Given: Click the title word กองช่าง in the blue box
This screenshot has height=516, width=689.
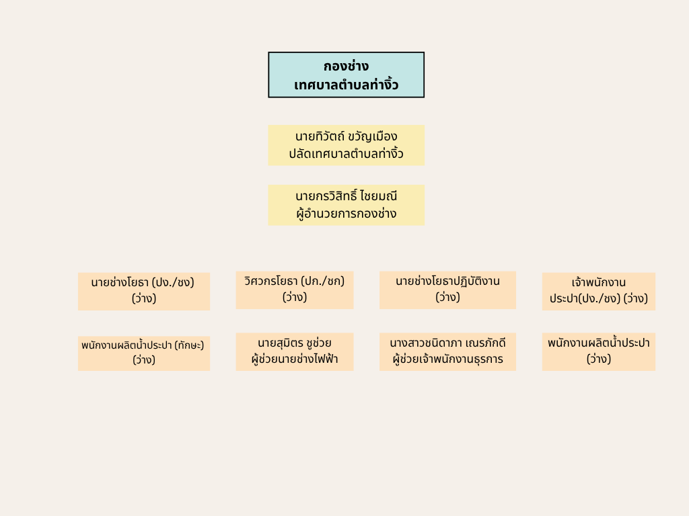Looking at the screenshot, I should click(x=346, y=66).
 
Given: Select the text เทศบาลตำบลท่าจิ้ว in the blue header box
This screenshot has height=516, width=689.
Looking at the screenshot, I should click(x=346, y=85).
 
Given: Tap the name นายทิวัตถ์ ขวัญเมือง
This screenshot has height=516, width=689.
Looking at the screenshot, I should click(x=346, y=136).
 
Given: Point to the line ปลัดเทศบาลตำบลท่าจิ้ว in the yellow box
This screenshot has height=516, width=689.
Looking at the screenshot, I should click(x=346, y=154).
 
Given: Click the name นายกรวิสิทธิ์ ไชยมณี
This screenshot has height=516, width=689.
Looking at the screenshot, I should click(x=346, y=196).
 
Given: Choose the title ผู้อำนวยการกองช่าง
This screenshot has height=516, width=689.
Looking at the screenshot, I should click(x=346, y=214).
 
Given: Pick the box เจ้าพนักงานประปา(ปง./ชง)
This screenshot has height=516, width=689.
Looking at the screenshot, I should click(x=598, y=290).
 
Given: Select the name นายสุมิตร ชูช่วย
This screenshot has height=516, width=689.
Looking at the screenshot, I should click(x=294, y=343).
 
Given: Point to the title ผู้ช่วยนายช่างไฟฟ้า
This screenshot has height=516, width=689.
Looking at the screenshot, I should click(x=294, y=359).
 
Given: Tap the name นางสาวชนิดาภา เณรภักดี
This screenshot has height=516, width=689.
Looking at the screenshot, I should click(x=447, y=343).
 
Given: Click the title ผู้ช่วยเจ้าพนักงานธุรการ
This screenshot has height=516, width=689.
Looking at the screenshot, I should click(x=447, y=359).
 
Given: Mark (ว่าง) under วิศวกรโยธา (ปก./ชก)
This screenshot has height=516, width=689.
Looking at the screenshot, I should click(x=294, y=297).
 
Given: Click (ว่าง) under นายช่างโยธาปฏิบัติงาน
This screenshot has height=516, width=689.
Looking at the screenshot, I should click(x=447, y=297).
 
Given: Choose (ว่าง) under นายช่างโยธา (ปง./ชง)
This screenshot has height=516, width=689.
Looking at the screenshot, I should click(x=144, y=298).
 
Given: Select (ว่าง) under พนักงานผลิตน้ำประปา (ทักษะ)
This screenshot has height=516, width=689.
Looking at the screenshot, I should click(x=144, y=360).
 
